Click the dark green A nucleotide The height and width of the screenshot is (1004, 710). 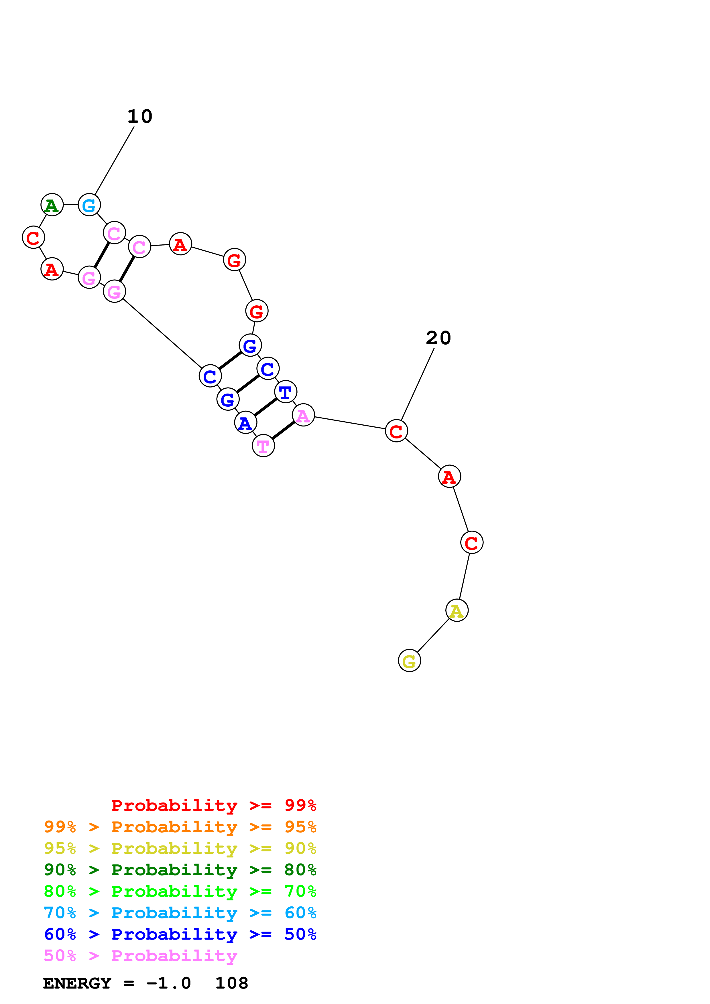click(52, 205)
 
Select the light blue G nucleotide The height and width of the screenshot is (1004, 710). click(89, 205)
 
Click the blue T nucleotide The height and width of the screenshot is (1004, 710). click(286, 392)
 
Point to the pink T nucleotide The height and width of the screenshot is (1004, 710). click(263, 446)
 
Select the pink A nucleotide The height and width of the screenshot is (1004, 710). click(303, 415)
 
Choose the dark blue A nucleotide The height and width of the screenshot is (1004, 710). click(245, 422)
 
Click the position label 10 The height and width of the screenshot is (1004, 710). click(140, 116)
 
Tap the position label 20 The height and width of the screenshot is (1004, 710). click(438, 338)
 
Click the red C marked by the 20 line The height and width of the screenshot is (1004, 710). click(396, 431)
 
